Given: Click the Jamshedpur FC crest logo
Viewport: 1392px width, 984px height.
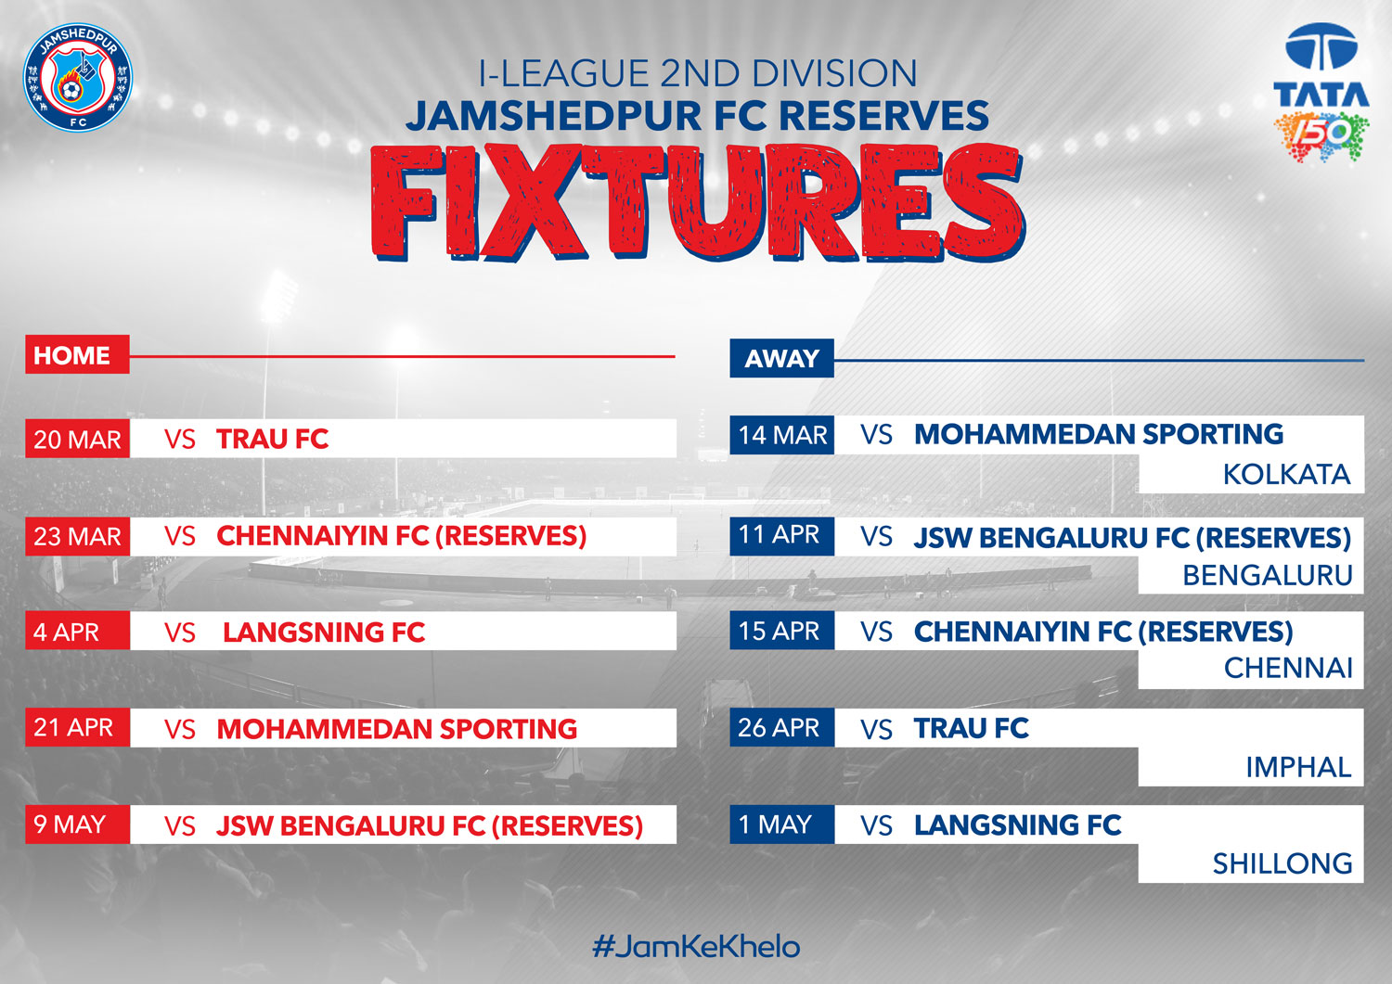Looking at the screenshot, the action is (x=78, y=77).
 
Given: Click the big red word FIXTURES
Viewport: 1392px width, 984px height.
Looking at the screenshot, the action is (x=697, y=203).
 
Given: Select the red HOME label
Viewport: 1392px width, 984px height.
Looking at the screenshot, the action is (x=77, y=354).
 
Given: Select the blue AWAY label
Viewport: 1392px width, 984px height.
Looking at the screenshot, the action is (x=781, y=358).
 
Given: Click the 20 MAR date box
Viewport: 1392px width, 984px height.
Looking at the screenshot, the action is (x=77, y=439).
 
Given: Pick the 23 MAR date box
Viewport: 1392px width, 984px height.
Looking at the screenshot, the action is (x=77, y=536).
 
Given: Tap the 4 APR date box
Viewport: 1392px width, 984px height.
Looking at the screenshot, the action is (x=77, y=631).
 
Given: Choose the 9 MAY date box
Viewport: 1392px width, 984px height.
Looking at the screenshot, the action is (x=77, y=824).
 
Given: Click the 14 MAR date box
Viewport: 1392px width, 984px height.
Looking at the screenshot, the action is (x=781, y=435).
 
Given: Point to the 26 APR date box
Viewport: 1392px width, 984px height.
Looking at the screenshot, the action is (x=781, y=727).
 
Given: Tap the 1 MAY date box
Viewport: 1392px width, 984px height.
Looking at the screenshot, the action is (x=781, y=824).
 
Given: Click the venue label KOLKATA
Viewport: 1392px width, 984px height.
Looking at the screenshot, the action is (x=1286, y=475).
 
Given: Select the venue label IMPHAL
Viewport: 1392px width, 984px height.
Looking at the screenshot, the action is (x=1298, y=767).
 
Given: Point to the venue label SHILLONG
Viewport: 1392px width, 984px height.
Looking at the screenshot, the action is (x=1282, y=863).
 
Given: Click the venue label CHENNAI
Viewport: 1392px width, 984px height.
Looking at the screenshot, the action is (x=1288, y=669).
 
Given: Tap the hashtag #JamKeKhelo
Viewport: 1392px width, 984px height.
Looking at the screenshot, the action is (x=696, y=946).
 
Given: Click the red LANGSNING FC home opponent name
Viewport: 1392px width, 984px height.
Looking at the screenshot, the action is (x=324, y=632).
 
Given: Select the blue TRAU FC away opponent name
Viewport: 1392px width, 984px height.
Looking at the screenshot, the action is (x=972, y=728).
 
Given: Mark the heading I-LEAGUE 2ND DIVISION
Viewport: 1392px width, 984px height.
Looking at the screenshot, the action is (x=697, y=73).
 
